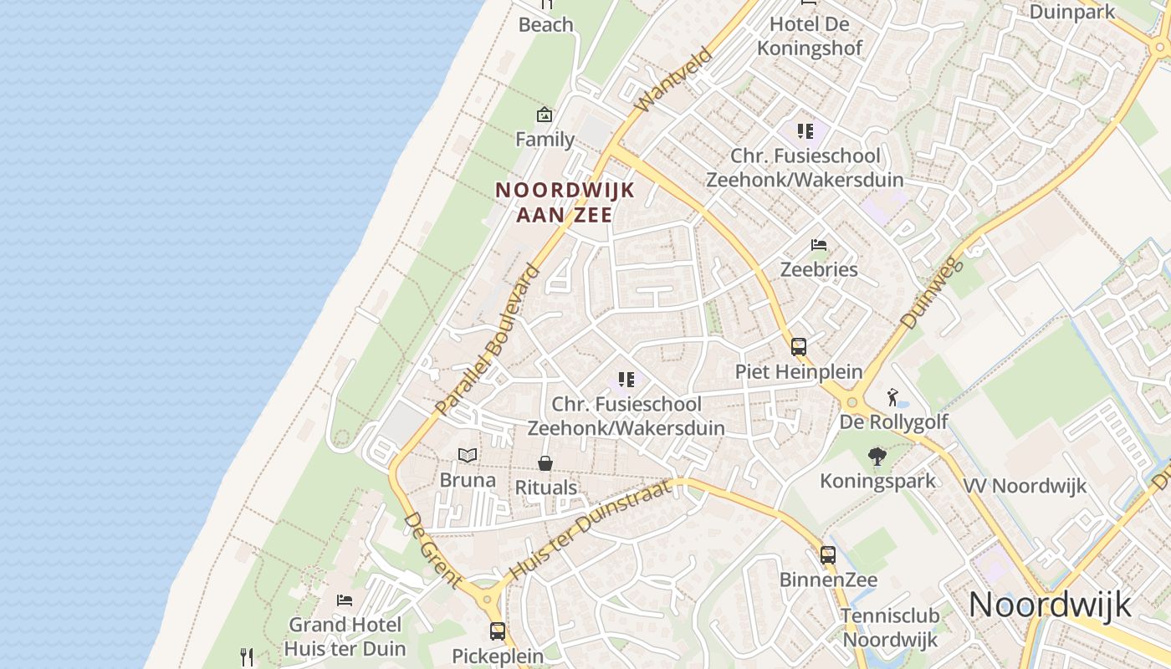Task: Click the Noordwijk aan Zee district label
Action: [565, 202]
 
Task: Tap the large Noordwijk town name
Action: [1050, 604]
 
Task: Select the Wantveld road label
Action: [673, 80]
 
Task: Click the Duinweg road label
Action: [933, 293]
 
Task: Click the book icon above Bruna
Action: [468, 455]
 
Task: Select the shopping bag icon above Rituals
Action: [545, 463]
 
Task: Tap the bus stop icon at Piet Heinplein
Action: [799, 346]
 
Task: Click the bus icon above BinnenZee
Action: [828, 554]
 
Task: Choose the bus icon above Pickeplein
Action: [498, 631]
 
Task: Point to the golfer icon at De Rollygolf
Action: [893, 396]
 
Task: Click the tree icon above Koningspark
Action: [877, 457]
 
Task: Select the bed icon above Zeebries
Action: [819, 245]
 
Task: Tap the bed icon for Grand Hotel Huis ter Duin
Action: [344, 600]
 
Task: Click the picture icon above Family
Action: [545, 115]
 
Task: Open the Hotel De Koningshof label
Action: [809, 36]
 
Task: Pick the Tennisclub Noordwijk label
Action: [890, 627]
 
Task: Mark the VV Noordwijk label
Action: [1025, 486]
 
